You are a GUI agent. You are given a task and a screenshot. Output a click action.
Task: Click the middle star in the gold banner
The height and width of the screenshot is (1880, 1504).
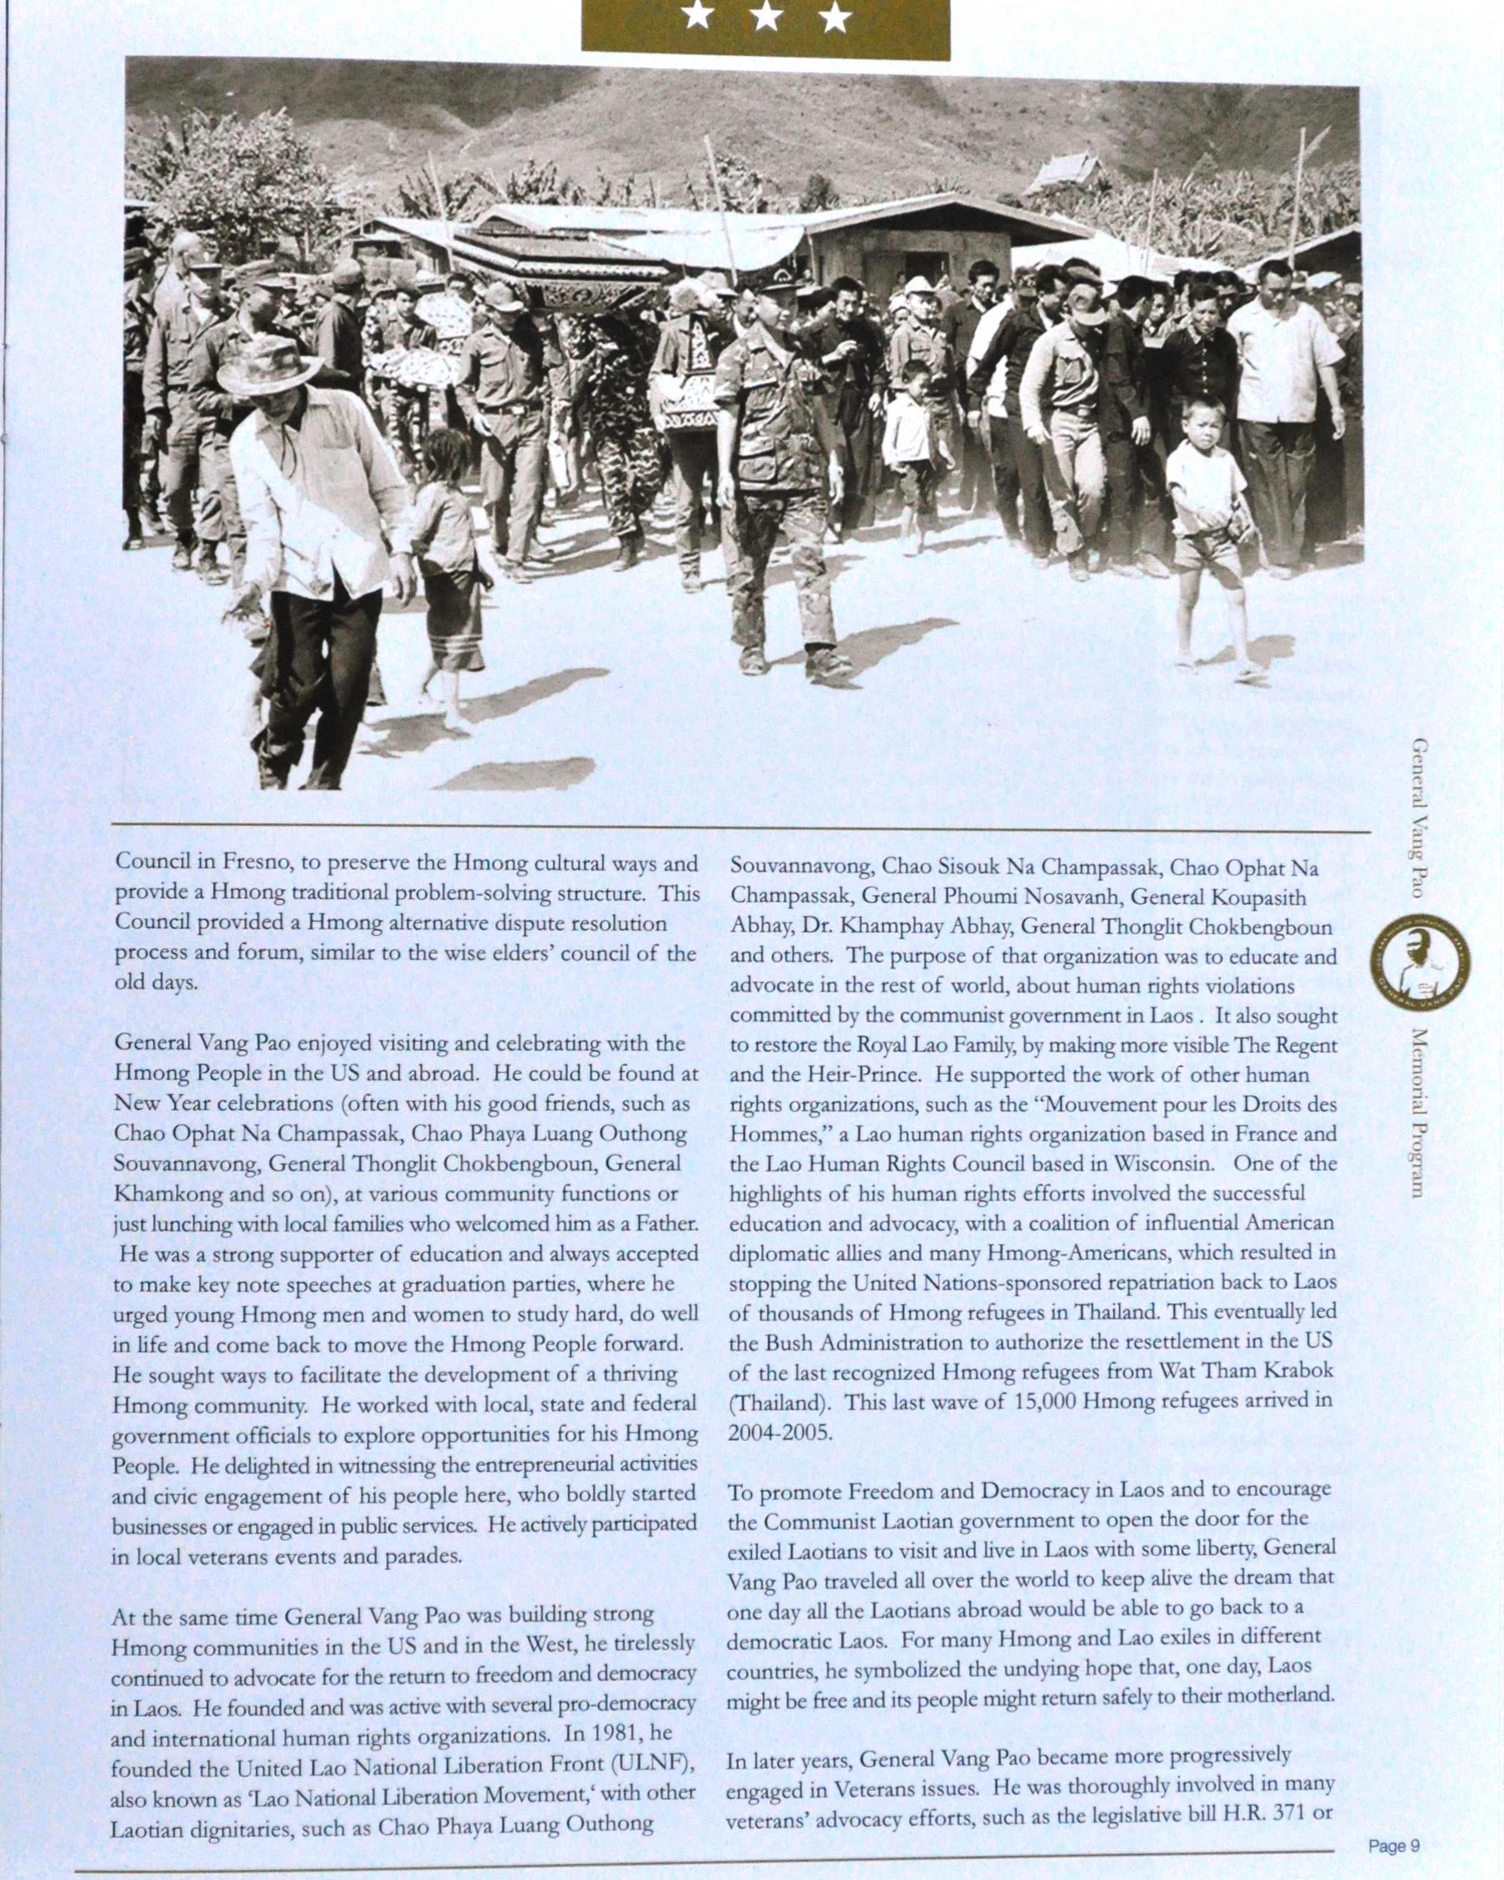click(765, 16)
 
